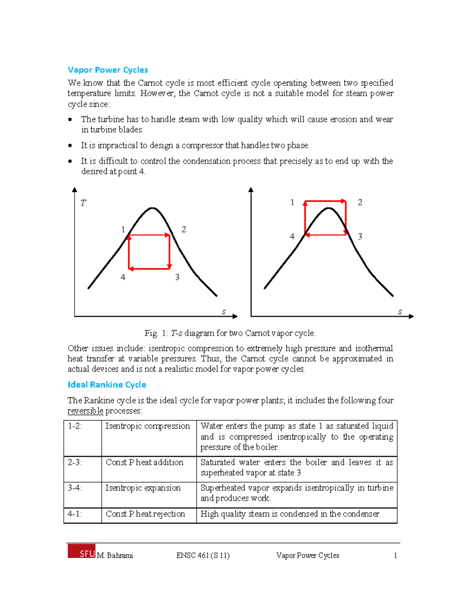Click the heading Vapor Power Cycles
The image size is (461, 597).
pyautogui.click(x=108, y=70)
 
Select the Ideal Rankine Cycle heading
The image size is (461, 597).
pyautogui.click(x=107, y=385)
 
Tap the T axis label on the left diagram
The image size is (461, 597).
pyautogui.click(x=83, y=203)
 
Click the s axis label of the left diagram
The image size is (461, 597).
pyautogui.click(x=224, y=312)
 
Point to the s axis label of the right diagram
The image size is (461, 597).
pyautogui.click(x=400, y=312)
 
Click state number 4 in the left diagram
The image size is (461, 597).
pyautogui.click(x=123, y=277)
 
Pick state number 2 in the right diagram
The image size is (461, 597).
pyautogui.click(x=360, y=202)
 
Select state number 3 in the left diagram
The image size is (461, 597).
pyautogui.click(x=177, y=277)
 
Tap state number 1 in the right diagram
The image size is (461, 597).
pyautogui.click(x=292, y=202)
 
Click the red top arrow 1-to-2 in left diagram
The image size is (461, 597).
pyautogui.click(x=149, y=235)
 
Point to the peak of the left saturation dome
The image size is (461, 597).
pyautogui.click(x=153, y=208)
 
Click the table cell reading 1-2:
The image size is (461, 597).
pyautogui.click(x=75, y=426)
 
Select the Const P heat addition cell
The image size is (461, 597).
pyautogui.click(x=144, y=462)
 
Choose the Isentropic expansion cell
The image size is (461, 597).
pyautogui.click(x=143, y=488)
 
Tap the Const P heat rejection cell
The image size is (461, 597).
pyautogui.click(x=145, y=514)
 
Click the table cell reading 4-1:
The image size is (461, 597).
pyautogui.click(x=75, y=514)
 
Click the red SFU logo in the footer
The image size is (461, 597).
pyautogui.click(x=81, y=551)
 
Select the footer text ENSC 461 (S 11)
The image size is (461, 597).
pyautogui.click(x=203, y=555)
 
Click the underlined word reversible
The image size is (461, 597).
pyautogui.click(x=85, y=411)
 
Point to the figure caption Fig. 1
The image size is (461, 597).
pyautogui.click(x=230, y=333)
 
